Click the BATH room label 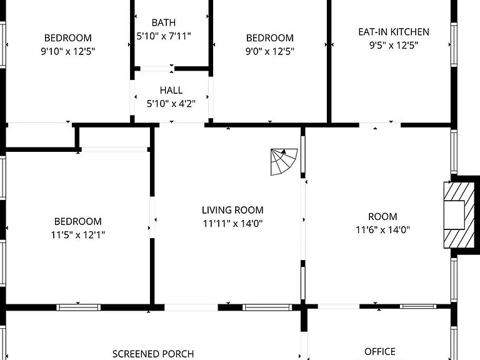pyautogui.click(x=164, y=22)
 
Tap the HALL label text pyautogui.click(x=171, y=90)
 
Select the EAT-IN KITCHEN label pyautogui.click(x=394, y=32)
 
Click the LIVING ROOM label pyautogui.click(x=232, y=210)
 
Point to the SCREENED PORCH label pyautogui.click(x=153, y=354)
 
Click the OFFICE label pyautogui.click(x=380, y=351)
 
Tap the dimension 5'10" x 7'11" pyautogui.click(x=164, y=36)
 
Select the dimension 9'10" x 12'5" pyautogui.click(x=68, y=51)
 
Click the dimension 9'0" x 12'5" pyautogui.click(x=270, y=51)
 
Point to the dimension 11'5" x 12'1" pyautogui.click(x=78, y=235)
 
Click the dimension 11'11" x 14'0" pyautogui.click(x=232, y=224)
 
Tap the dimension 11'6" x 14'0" pyautogui.click(x=382, y=229)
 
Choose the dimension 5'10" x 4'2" pyautogui.click(x=171, y=104)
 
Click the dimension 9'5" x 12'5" pyautogui.click(x=394, y=45)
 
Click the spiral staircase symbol pyautogui.click(x=284, y=162)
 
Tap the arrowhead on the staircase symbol pyautogui.click(x=284, y=151)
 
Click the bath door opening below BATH pyautogui.click(x=156, y=69)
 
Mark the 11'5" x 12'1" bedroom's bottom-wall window pyautogui.click(x=78, y=307)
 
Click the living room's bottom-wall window pyautogui.click(x=267, y=307)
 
